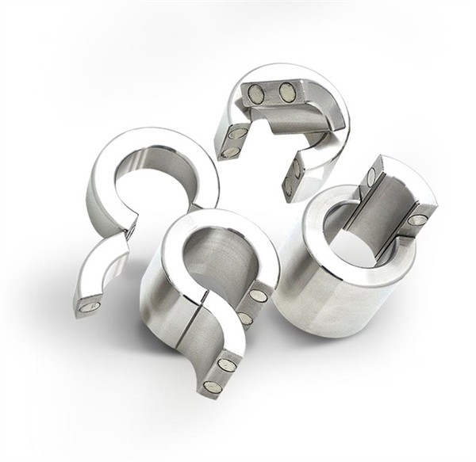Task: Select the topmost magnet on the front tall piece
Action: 258,296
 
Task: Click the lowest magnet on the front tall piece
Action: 209,386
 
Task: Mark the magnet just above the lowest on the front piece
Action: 227,364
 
